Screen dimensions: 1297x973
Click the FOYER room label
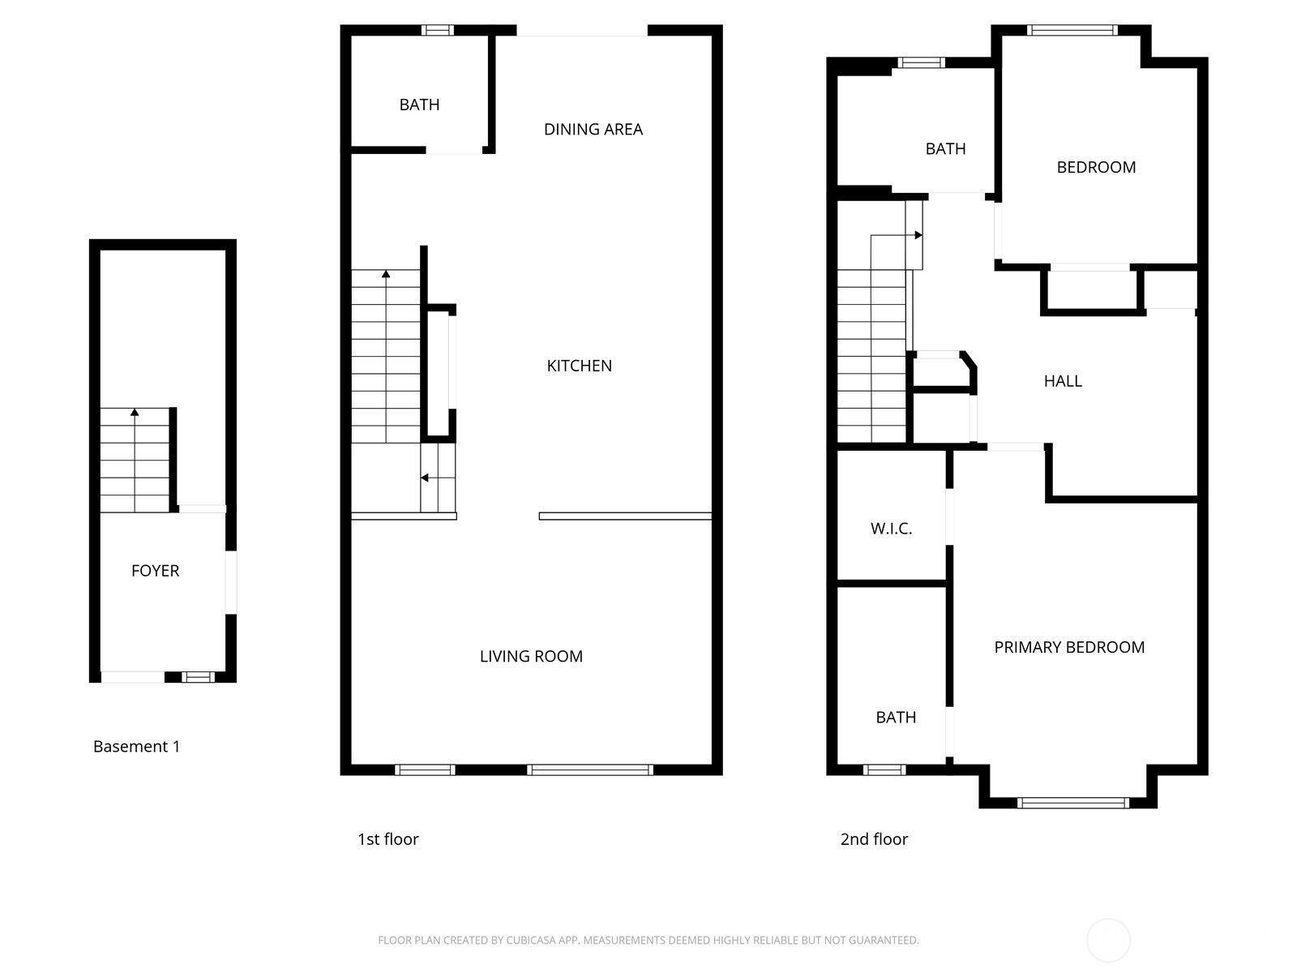155,571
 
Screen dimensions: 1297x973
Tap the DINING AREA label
593,130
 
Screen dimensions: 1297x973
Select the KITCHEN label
579,366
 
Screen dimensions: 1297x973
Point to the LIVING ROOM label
531,656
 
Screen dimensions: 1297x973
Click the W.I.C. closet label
891,529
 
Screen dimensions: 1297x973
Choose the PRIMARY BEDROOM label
1069,648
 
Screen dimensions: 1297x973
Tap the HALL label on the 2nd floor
1063,381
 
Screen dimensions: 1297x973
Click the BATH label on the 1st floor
419,105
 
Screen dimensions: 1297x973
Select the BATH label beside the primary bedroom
896,718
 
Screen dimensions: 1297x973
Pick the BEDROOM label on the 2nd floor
1095,167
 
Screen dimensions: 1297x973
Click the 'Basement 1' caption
136,747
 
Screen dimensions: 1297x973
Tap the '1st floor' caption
387,839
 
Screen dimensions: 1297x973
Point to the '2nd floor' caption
874,839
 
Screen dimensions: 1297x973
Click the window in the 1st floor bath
437,30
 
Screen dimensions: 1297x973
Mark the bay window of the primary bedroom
1073,802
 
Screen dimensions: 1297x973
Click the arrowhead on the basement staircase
135,413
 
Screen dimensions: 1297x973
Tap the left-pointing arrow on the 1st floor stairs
438,478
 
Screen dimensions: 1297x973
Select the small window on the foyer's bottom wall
198,677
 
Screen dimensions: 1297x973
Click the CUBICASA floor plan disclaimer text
648,940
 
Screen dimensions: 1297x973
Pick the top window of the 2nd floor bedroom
1072,30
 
